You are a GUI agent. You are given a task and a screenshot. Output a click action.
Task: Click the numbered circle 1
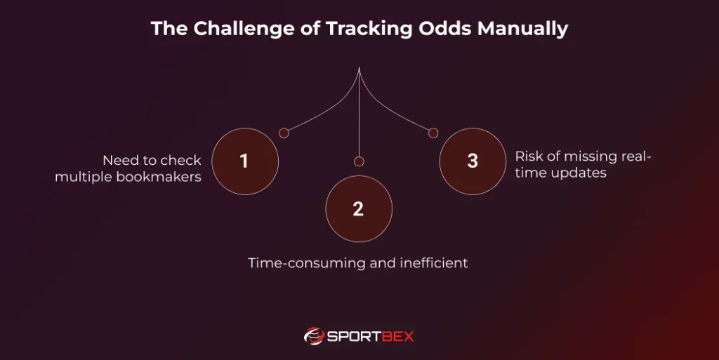pyautogui.click(x=245, y=161)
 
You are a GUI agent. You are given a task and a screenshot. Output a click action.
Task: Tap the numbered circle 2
pyautogui.click(x=359, y=209)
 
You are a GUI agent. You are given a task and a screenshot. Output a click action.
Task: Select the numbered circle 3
pyautogui.click(x=473, y=161)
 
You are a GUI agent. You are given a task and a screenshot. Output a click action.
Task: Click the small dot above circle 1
pyautogui.click(x=284, y=133)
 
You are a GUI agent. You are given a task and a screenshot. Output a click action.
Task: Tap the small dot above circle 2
pyautogui.click(x=359, y=161)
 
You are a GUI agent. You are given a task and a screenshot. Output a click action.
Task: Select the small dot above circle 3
pyautogui.click(x=433, y=133)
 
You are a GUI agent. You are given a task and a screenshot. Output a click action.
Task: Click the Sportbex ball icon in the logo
pyautogui.click(x=314, y=336)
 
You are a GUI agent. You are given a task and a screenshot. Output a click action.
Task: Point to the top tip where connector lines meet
pyautogui.click(x=359, y=68)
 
